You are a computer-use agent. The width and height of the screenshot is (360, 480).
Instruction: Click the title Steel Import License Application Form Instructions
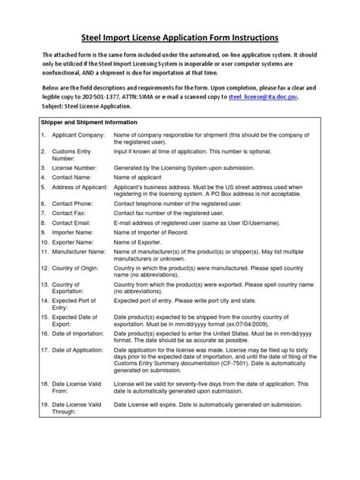[x=180, y=37]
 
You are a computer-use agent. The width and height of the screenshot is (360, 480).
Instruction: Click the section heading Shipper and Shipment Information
[x=90, y=122]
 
